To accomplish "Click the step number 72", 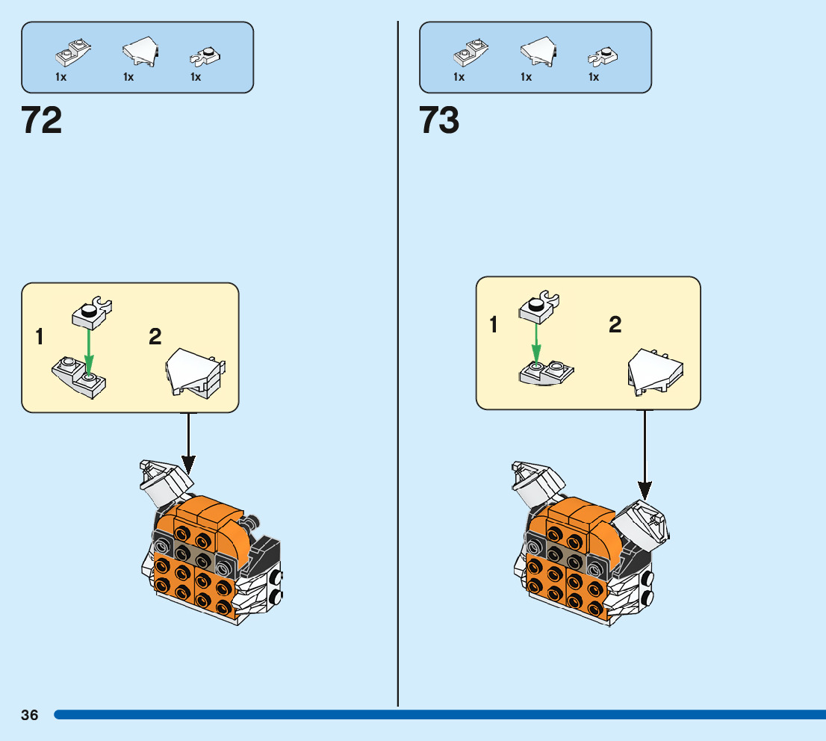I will point(42,120).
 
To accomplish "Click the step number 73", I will point(439,120).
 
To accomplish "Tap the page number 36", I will point(30,715).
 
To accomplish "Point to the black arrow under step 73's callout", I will point(645,456).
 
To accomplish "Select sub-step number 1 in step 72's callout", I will point(39,338).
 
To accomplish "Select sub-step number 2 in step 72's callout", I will point(155,338).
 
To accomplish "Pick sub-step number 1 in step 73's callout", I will point(493,325).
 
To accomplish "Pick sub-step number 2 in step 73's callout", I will point(615,325).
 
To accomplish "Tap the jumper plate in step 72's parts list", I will point(72,52).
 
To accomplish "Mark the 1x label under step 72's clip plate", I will point(196,77).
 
